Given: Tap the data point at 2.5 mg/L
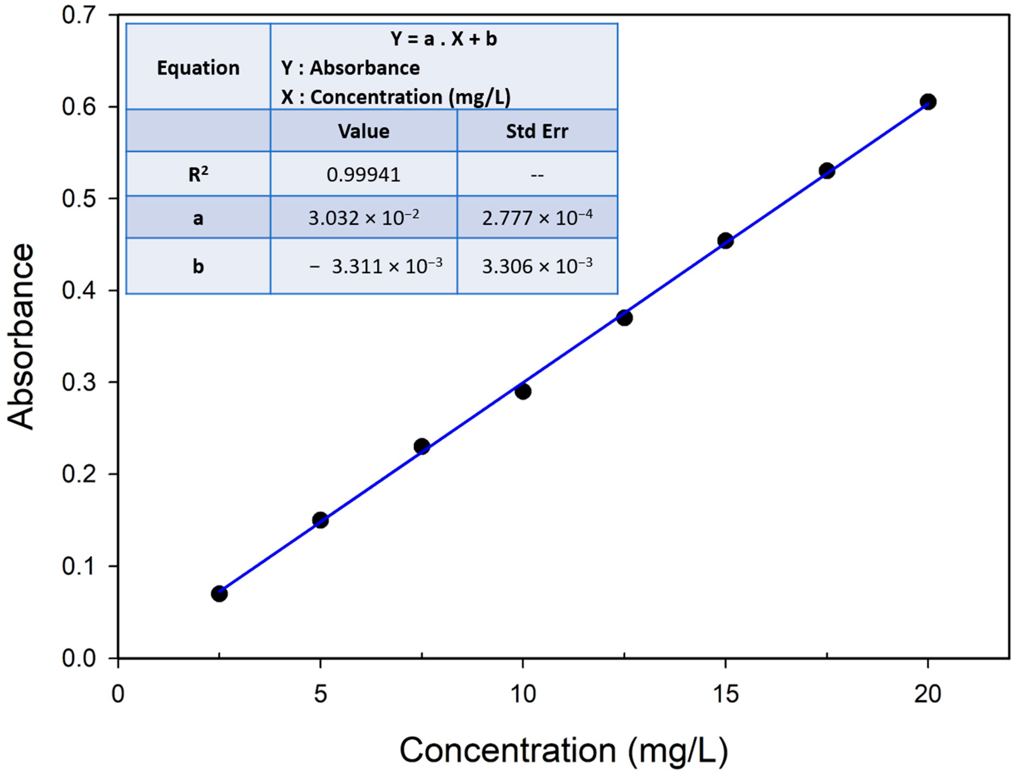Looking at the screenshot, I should [219, 594].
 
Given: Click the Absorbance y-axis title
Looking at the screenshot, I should [22, 337].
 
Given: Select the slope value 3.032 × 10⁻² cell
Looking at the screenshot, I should [364, 217].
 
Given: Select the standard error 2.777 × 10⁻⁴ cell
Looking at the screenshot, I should [537, 217].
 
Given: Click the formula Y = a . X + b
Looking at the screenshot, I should [444, 39].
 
